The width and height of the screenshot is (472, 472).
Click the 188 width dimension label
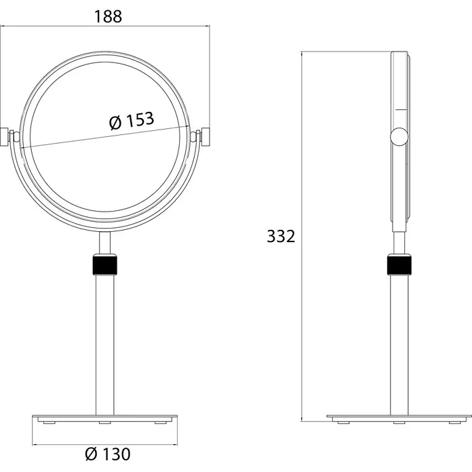tap(108, 16)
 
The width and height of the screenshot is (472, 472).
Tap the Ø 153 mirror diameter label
tap(132, 121)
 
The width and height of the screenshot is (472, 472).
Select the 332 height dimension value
tap(281, 236)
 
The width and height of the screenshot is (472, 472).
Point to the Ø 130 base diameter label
tap(108, 454)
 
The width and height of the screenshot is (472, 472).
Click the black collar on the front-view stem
tap(104, 264)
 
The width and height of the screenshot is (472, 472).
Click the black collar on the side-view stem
tap(399, 264)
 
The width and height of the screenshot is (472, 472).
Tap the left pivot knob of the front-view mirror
tap(4, 137)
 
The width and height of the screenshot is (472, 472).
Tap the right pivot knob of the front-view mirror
tap(205, 137)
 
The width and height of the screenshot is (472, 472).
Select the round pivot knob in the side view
tap(399, 137)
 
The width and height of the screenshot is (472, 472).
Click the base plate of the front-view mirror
tap(104, 418)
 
